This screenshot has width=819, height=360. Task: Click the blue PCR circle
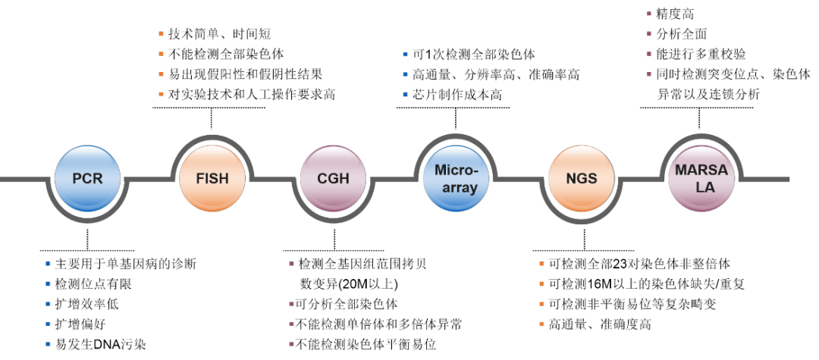point(87,179)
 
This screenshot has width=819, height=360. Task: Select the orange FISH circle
point(211,179)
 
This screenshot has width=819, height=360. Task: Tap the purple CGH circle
point(334,179)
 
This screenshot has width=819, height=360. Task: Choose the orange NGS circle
point(582,179)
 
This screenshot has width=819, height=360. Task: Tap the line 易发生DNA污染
point(100,344)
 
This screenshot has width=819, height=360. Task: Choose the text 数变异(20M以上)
point(349,284)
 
